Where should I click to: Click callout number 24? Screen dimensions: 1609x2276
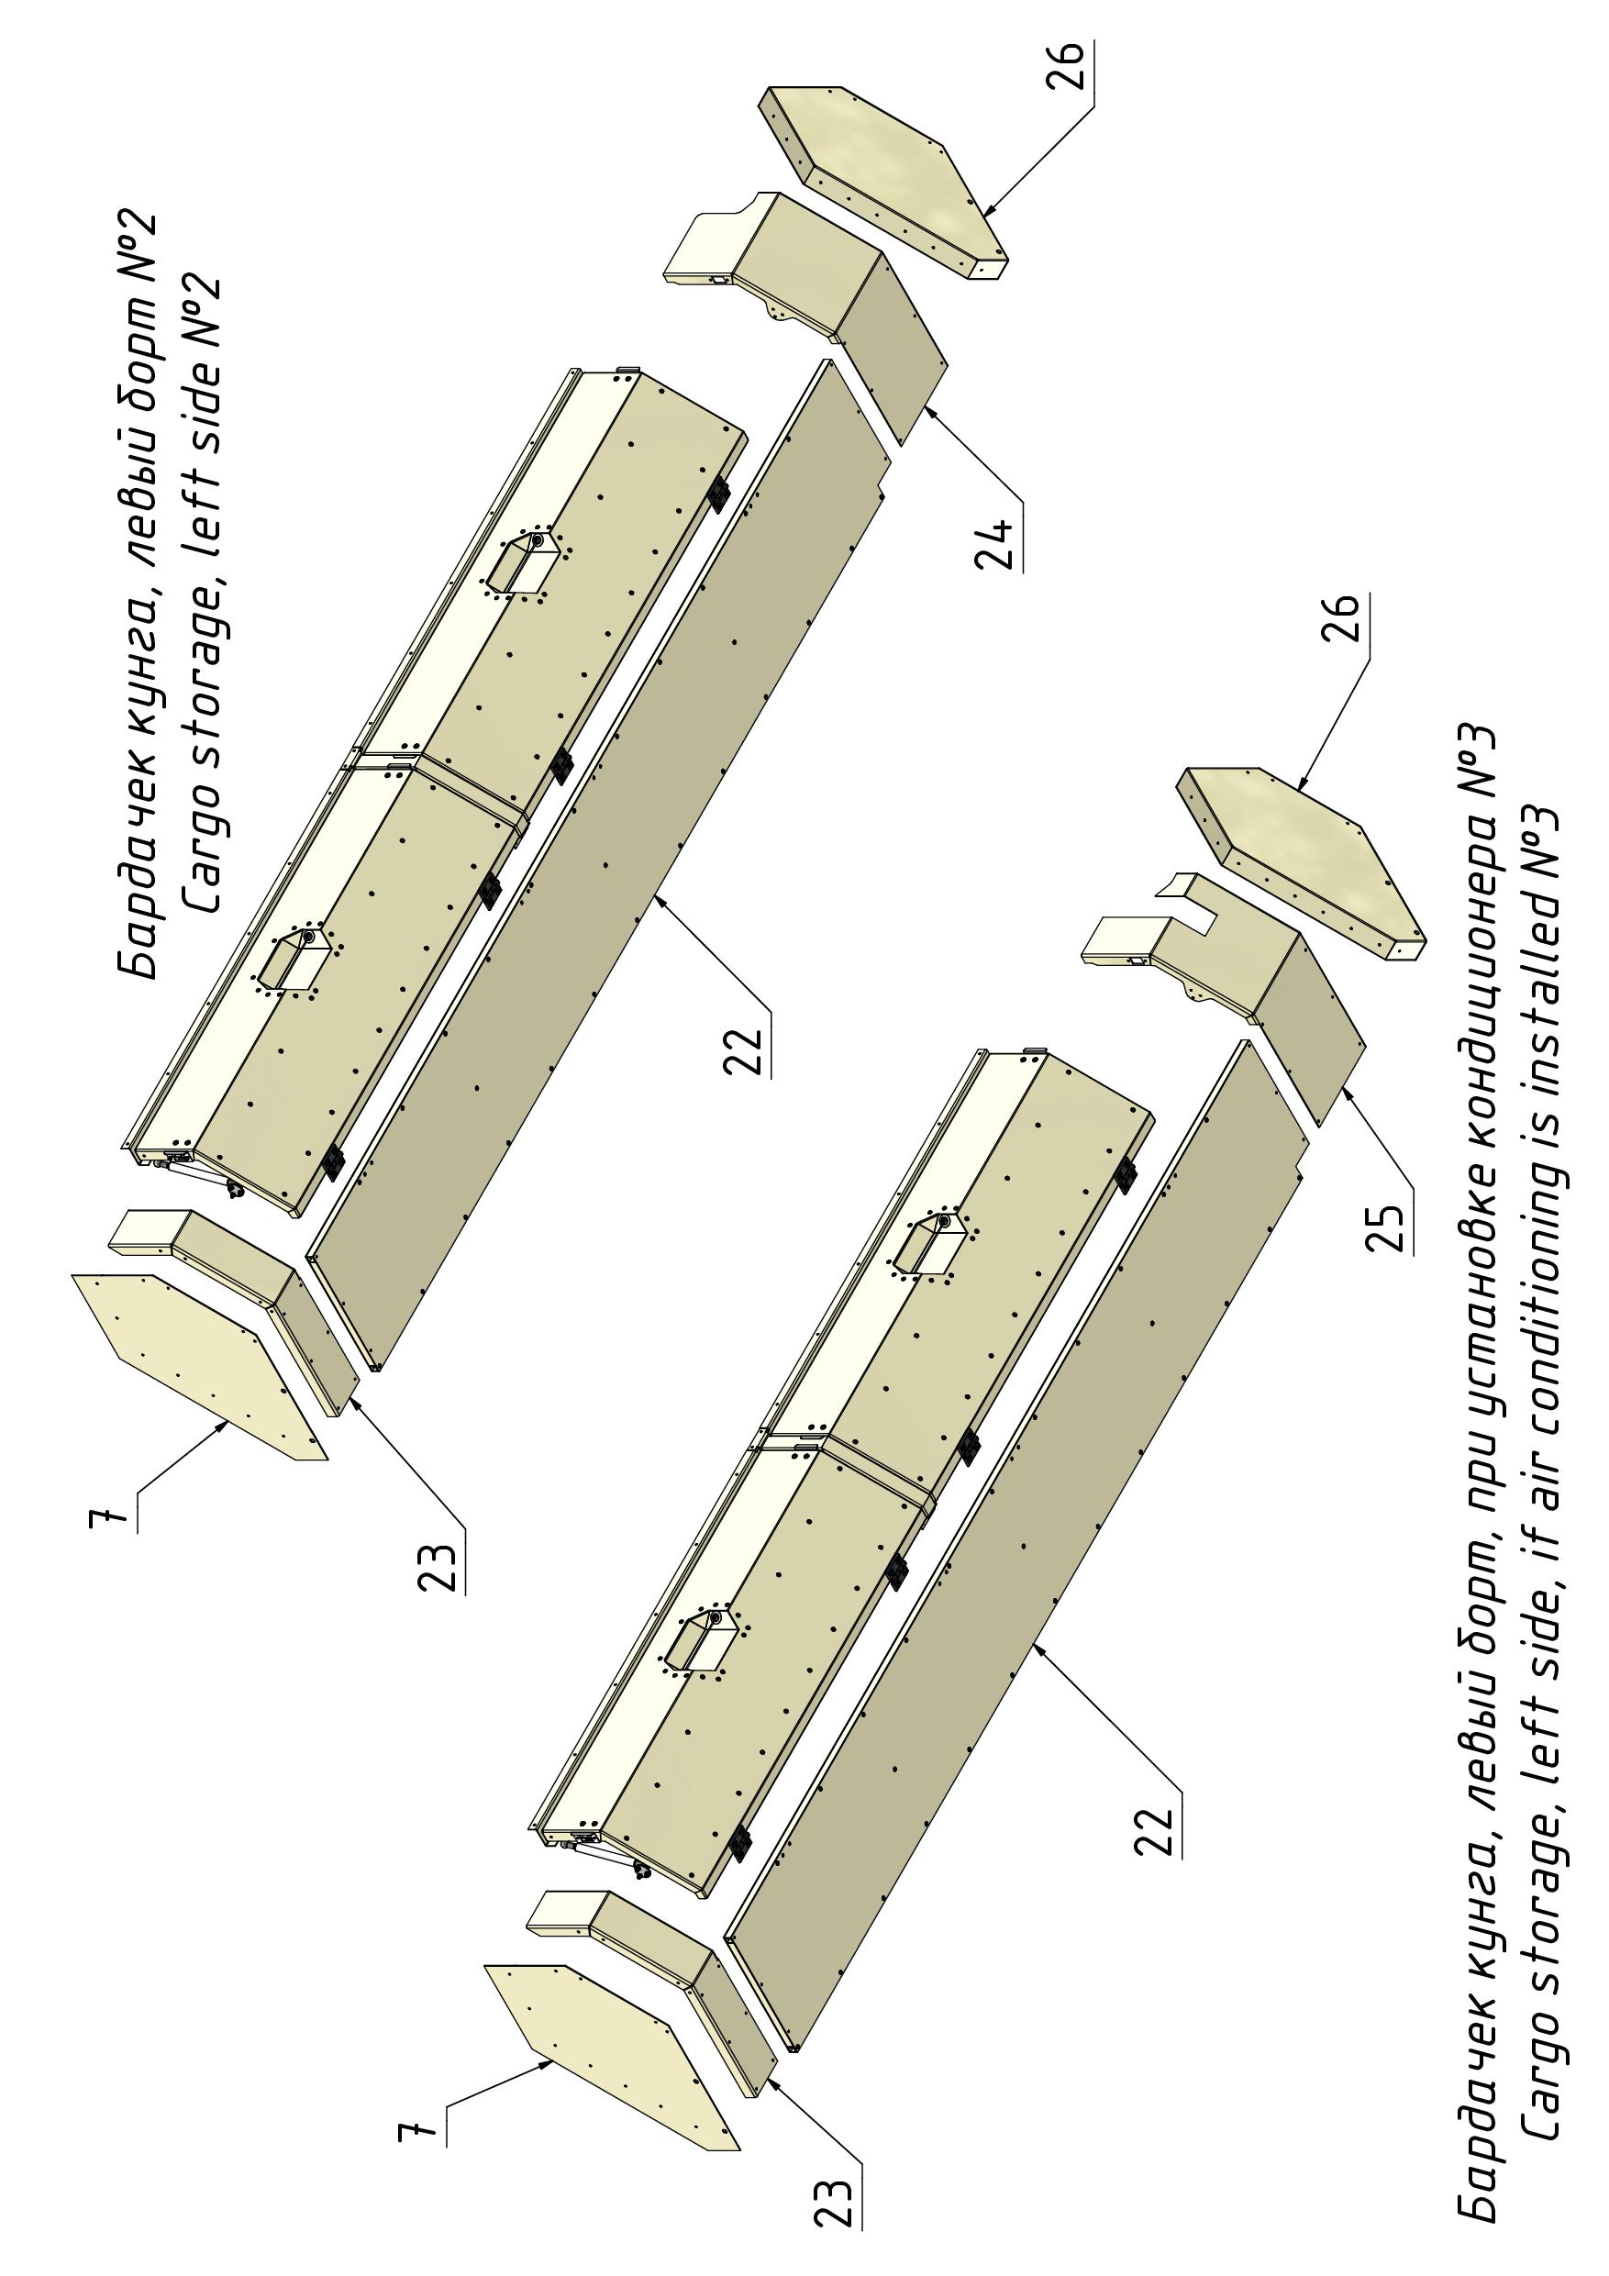[997, 543]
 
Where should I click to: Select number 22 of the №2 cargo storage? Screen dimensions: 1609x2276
[746, 1049]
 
